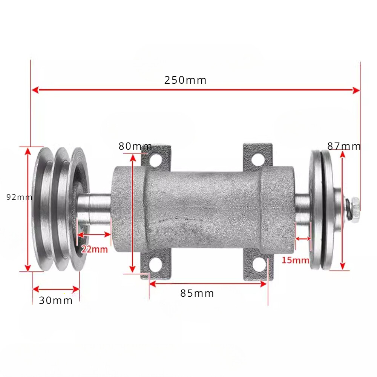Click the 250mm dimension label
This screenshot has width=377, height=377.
[185, 80]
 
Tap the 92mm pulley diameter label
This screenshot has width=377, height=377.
[19, 197]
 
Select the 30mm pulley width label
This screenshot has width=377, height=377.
[55, 300]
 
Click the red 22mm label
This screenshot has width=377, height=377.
[94, 249]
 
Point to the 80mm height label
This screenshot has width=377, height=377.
[135, 146]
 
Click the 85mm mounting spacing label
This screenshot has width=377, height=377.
[197, 293]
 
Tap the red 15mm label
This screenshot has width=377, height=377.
[295, 260]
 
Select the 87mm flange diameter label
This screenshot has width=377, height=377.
[344, 146]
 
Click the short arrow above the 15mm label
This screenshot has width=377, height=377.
[303, 238]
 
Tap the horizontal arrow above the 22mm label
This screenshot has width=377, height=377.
[93, 234]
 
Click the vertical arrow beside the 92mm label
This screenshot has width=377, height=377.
[28, 209]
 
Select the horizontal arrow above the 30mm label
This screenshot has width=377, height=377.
[56, 289]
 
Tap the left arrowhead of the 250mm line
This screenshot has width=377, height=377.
[35, 90]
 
